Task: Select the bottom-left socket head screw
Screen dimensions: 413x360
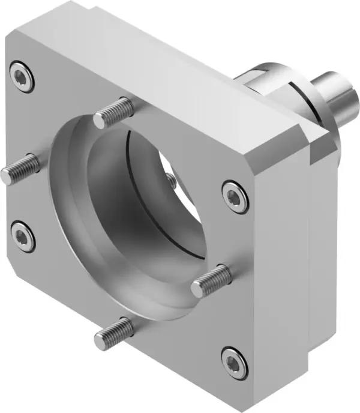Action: tap(23, 233)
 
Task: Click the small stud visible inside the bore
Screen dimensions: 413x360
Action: tap(171, 179)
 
